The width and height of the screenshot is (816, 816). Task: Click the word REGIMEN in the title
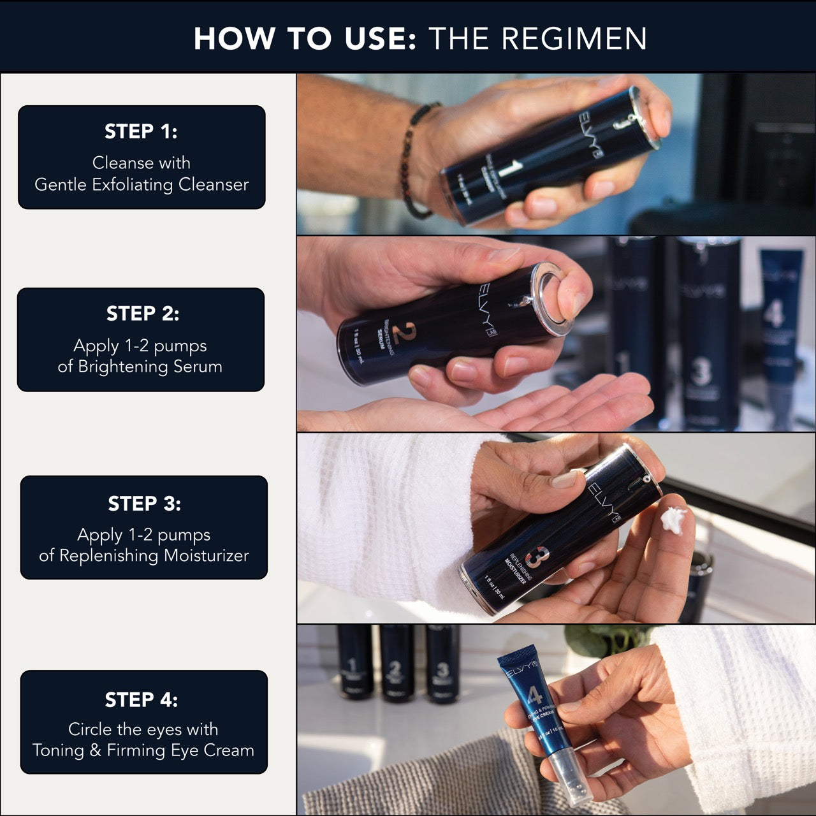(x=574, y=38)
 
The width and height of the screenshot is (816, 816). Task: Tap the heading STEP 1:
(x=141, y=131)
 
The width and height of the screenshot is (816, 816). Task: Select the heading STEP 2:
(x=143, y=314)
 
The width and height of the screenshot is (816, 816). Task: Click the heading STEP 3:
(x=144, y=504)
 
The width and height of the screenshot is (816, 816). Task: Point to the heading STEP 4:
(x=141, y=699)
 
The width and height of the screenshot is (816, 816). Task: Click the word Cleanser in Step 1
(x=214, y=185)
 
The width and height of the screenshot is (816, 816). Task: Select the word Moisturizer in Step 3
(x=206, y=556)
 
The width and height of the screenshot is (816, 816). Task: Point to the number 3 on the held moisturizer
(x=534, y=557)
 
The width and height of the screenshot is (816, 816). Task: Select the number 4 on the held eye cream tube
(x=534, y=696)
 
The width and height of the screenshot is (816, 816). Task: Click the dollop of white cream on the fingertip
(x=673, y=519)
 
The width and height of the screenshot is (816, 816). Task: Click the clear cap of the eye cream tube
(x=572, y=775)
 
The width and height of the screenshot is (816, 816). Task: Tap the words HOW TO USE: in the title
(x=305, y=38)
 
